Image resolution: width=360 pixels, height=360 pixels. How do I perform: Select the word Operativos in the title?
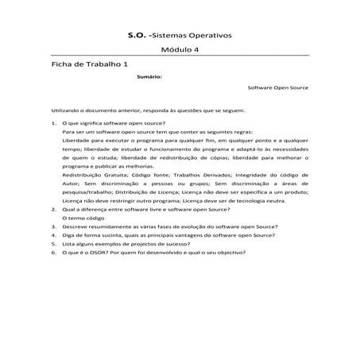[x=209, y=36]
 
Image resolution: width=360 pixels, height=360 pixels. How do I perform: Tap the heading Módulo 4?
[x=180, y=49]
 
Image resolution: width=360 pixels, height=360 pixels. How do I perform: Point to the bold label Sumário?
[x=149, y=77]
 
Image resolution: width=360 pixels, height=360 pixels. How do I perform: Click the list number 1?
[x=53, y=124]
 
